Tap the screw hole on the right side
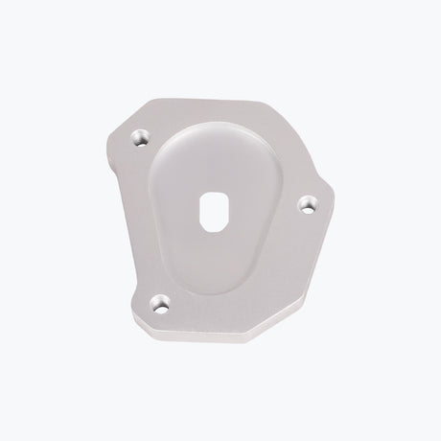point(308,203)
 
